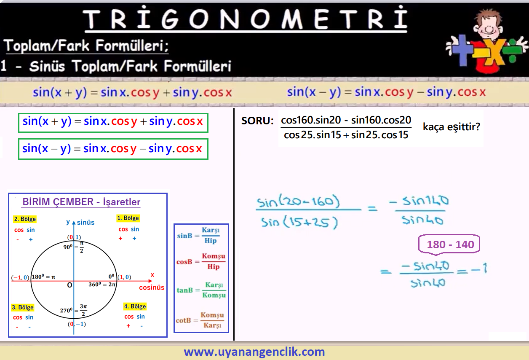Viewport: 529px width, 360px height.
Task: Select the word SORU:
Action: [257, 121]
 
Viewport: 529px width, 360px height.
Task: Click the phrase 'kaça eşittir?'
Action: [452, 127]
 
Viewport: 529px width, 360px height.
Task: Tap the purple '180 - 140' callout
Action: [449, 244]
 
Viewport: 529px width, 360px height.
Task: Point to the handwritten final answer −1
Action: [479, 269]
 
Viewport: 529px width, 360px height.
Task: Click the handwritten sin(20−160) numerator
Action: [298, 201]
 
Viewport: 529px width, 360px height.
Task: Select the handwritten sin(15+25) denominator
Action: [299, 223]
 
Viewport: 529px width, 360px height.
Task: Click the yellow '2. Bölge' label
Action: [25, 219]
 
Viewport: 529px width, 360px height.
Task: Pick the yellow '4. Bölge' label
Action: [135, 306]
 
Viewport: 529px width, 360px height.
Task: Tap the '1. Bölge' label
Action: [128, 218]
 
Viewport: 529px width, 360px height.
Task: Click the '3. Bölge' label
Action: [23, 307]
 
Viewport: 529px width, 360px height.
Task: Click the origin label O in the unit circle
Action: [69, 285]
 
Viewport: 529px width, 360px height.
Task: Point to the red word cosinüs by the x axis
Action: [152, 287]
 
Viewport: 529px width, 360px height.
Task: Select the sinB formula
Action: [198, 235]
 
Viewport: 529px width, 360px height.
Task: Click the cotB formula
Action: [200, 320]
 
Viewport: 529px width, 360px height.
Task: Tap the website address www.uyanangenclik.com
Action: [254, 352]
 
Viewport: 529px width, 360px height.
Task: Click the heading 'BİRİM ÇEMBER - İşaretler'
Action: [81, 202]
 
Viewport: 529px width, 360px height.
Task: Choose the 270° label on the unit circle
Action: [66, 310]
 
